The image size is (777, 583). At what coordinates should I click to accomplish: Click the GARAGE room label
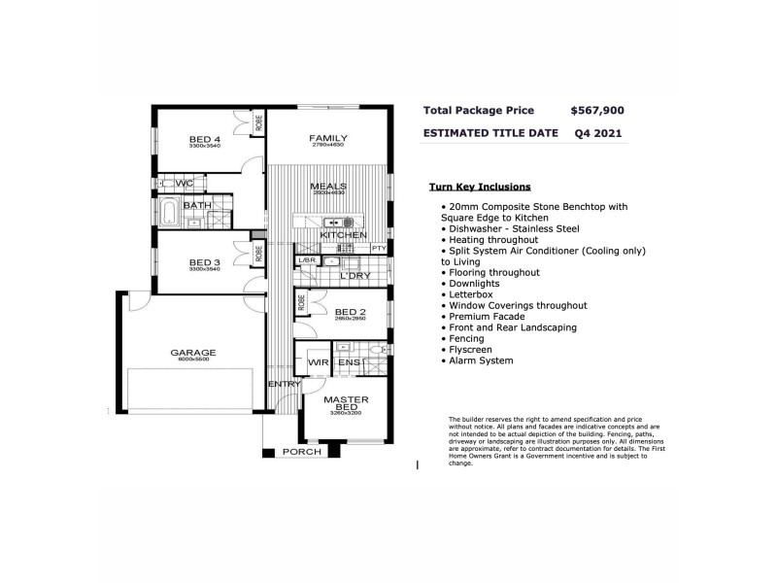pyautogui.click(x=193, y=353)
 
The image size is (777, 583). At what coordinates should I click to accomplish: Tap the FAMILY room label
pyautogui.click(x=328, y=139)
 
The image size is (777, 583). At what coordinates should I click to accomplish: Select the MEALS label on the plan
pyautogui.click(x=328, y=187)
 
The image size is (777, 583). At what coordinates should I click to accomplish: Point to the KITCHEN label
pyautogui.click(x=343, y=235)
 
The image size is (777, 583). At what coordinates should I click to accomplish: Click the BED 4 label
pyautogui.click(x=205, y=140)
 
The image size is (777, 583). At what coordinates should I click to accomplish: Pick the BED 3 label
pyautogui.click(x=205, y=262)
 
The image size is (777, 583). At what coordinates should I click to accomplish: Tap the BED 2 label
pyautogui.click(x=348, y=311)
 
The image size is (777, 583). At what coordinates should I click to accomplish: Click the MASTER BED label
pyautogui.click(x=346, y=403)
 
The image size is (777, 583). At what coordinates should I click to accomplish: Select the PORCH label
pyautogui.click(x=302, y=453)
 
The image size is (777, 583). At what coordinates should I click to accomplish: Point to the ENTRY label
pyautogui.click(x=286, y=385)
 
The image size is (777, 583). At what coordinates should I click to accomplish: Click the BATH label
pyautogui.click(x=197, y=206)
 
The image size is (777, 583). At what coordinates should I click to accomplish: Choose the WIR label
pyautogui.click(x=319, y=362)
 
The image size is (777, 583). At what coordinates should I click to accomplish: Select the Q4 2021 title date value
pyautogui.click(x=598, y=133)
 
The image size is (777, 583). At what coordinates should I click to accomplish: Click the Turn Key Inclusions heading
pyautogui.click(x=480, y=187)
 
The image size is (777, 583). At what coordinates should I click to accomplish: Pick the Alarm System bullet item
pyautogui.click(x=481, y=360)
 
